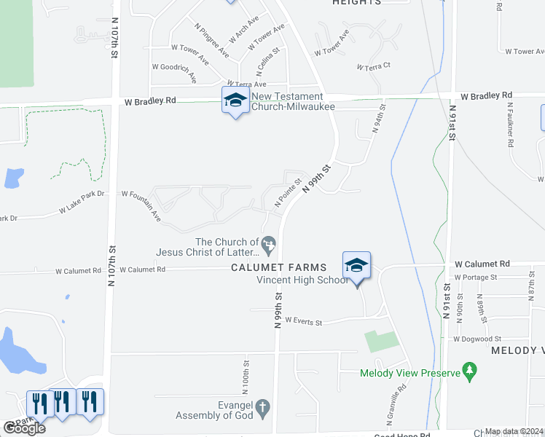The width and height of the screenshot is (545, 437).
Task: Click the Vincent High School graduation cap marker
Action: tap(357, 265)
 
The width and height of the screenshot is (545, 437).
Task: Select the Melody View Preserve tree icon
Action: tap(470, 372)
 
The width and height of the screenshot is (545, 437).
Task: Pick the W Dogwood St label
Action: tap(477, 339)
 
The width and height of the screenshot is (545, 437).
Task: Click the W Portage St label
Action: tap(474, 277)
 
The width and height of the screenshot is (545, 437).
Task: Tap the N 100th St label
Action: tap(247, 374)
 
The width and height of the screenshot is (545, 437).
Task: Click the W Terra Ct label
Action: tap(374, 66)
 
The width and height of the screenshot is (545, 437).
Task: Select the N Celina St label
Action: tap(267, 63)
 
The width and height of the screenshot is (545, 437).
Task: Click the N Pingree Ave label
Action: tap(212, 40)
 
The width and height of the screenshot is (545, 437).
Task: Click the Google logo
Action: tap(24, 428)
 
